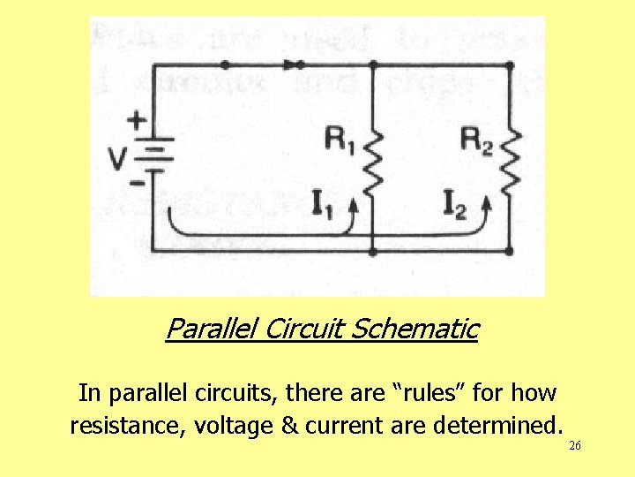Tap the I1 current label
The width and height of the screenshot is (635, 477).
[x=325, y=206]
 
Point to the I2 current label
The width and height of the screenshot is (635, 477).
[x=456, y=206]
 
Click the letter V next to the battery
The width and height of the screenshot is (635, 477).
[x=117, y=159]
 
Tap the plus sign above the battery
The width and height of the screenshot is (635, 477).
[x=138, y=119]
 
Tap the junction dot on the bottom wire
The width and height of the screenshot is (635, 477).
[x=373, y=252]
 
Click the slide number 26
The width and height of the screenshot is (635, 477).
[x=574, y=446]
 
